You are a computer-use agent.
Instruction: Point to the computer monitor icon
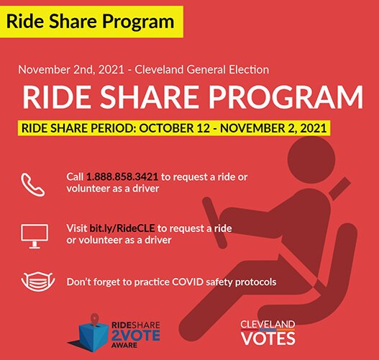point(34,235)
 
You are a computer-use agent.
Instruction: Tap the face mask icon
point(34,282)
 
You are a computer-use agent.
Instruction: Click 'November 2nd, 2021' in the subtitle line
point(61,70)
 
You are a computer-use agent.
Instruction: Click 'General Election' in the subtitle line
point(230,70)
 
